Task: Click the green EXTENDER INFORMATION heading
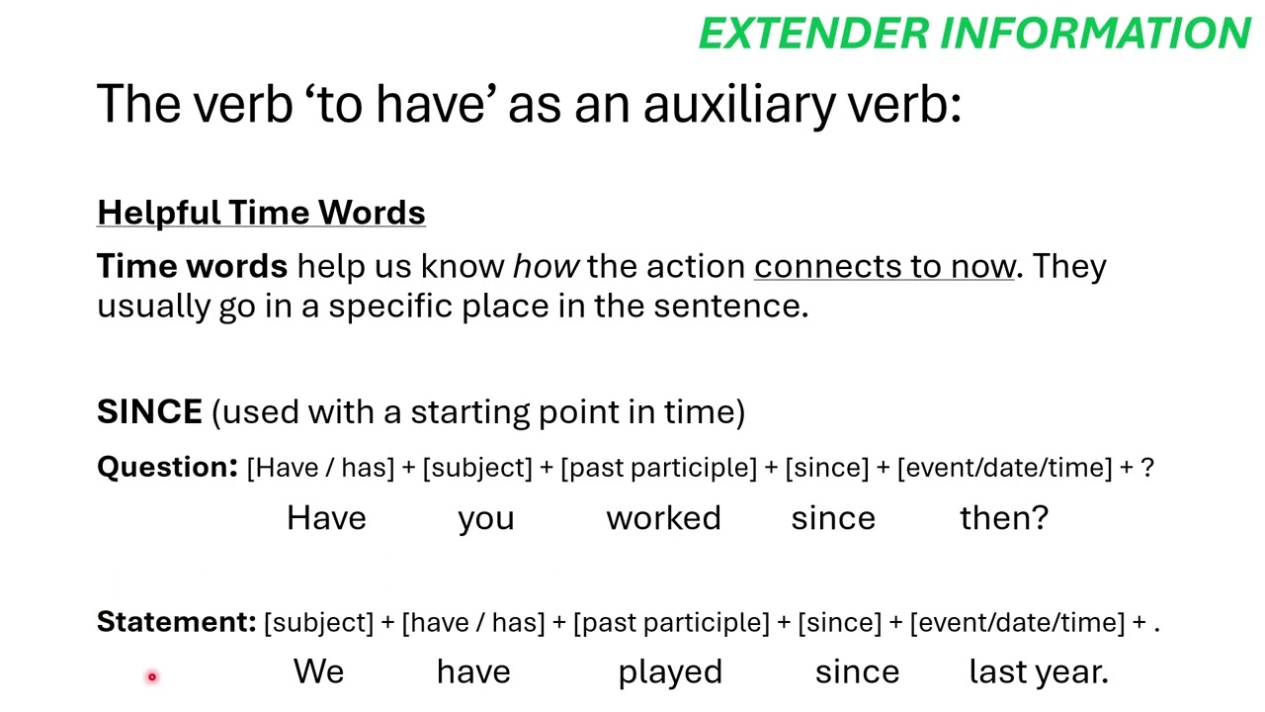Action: click(974, 34)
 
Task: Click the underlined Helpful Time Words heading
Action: click(261, 213)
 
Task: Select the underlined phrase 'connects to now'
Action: click(885, 266)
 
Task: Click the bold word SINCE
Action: click(149, 411)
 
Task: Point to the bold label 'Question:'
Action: click(167, 467)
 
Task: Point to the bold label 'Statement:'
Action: click(176, 622)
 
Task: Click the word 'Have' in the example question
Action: click(326, 518)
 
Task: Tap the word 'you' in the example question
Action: click(486, 519)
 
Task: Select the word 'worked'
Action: click(663, 518)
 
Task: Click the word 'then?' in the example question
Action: click(1004, 518)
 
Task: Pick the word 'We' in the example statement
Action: click(318, 672)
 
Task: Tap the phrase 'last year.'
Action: click(1039, 672)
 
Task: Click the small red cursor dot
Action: click(152, 676)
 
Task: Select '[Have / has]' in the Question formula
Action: click(320, 468)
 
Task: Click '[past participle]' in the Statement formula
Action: click(671, 623)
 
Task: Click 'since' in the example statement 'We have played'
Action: click(857, 672)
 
